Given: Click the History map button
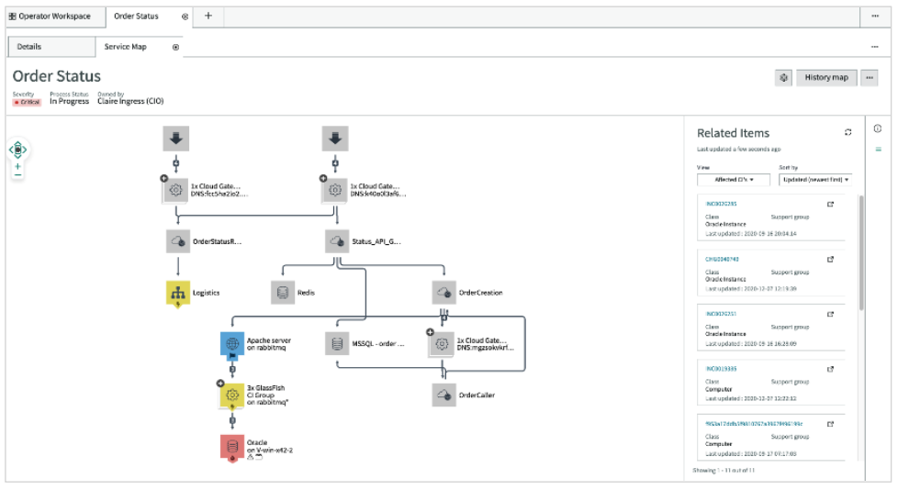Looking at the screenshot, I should point(826,78).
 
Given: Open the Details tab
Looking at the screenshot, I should point(29,47).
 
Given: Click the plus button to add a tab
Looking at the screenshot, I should point(208,17).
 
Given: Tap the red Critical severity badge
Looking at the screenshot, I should point(27,102).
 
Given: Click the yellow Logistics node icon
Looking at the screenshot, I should point(177,293).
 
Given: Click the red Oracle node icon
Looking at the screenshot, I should point(231,446).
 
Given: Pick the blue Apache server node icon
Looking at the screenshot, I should point(231,344).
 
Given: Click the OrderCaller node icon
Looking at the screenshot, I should point(444,395).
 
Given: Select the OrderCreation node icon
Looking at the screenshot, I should point(444,293).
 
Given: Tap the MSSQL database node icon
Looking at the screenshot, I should point(337,344).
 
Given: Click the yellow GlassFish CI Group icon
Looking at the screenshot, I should point(231,395).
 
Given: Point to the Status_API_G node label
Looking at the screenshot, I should point(376,242).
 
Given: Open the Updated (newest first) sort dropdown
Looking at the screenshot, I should point(815,180).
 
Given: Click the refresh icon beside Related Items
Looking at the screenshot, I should point(848,133).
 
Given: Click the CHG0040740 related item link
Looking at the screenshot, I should point(721,259).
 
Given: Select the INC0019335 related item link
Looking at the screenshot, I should point(721,368).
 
